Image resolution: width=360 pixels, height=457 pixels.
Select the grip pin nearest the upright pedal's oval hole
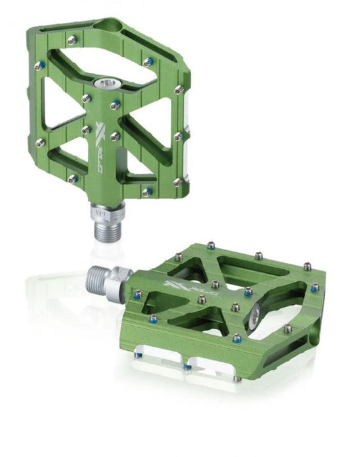tap(72, 40)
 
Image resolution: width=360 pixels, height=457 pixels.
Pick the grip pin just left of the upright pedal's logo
tap(86, 129)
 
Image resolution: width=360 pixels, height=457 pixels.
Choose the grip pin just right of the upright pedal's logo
tap(115, 137)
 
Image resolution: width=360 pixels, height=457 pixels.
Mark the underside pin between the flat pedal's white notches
tap(187, 366)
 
